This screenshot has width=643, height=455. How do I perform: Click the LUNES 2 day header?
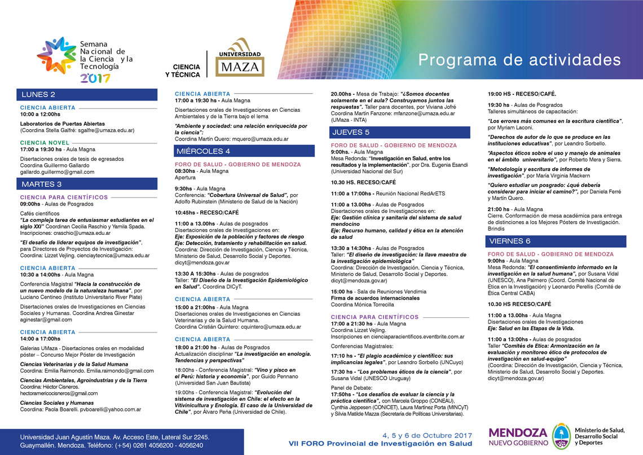[38, 94]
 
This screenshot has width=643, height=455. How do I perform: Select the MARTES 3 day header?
[42, 184]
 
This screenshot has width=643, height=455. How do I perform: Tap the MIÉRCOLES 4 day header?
[203, 151]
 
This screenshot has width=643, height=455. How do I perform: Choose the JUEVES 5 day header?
[351, 133]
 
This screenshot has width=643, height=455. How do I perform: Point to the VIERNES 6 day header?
[510, 241]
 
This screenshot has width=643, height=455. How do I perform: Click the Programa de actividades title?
[519, 60]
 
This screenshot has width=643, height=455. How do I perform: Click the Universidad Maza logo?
[240, 58]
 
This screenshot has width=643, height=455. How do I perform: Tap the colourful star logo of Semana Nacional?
[56, 55]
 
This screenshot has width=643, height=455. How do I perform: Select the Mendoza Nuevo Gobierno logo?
[518, 436]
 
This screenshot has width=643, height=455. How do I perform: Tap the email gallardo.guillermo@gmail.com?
[58, 172]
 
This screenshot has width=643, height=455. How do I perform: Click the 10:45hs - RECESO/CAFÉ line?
[206, 213]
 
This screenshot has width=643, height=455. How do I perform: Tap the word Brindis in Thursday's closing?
[497, 230]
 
